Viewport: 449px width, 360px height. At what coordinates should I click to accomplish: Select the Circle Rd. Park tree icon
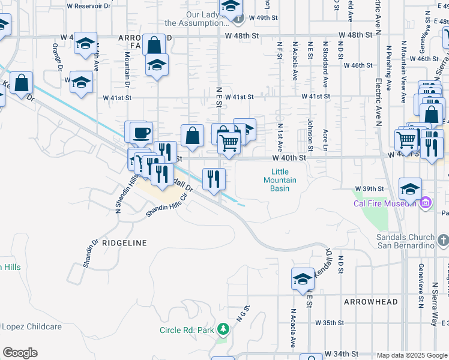[x=223, y=329]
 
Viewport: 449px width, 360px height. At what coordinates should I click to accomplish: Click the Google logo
[x=19, y=353]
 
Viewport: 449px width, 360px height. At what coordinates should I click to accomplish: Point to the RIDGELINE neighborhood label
[x=124, y=243]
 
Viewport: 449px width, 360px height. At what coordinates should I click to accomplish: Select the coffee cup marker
[x=141, y=133]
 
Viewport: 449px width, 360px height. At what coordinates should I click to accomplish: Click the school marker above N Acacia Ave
[x=303, y=279]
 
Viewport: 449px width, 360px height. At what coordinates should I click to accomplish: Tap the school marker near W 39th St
[x=410, y=190]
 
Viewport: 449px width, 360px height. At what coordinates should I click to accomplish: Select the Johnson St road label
[x=310, y=135]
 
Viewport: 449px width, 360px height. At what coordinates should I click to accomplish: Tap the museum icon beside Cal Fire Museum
[x=426, y=203]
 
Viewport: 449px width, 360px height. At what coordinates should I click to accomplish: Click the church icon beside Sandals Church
[x=443, y=241]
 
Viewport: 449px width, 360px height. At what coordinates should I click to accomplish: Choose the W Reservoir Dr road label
[x=90, y=5]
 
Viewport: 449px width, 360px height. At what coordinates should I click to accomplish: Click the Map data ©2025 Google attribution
[x=412, y=355]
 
